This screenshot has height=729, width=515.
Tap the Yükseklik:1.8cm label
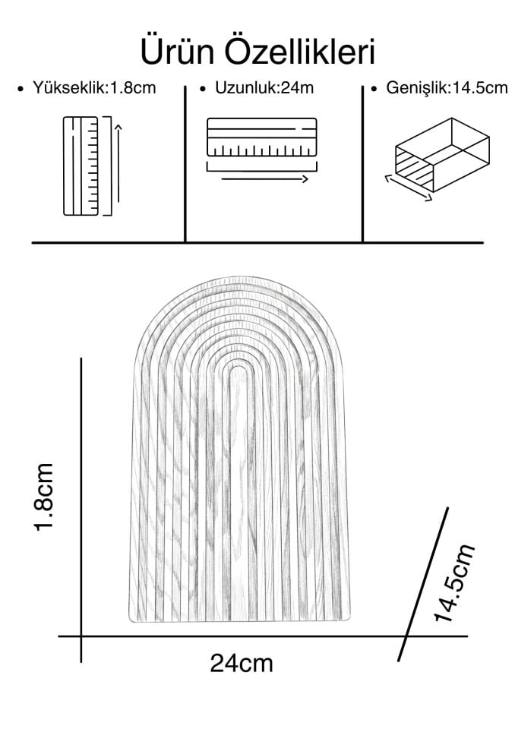coord(94,87)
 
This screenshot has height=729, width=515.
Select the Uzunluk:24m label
coord(264,87)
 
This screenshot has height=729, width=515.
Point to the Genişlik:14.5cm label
coord(447,88)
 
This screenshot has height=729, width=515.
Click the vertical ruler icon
coord(81,166)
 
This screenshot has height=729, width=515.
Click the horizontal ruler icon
coord(262,137)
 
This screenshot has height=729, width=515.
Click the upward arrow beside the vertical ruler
coord(118,163)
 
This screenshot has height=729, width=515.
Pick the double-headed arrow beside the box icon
coord(409,188)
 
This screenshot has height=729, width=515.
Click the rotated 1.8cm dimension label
coord(44,497)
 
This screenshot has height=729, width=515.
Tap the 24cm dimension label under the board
coord(242,663)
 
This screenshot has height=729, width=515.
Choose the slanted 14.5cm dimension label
coord(454,582)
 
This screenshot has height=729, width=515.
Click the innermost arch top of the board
coord(239,366)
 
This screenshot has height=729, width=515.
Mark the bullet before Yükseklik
coord(20,89)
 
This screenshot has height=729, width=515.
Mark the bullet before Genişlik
coord(374,89)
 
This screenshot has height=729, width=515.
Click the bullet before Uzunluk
coord(202,89)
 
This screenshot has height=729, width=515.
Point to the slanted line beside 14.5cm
coord(423,584)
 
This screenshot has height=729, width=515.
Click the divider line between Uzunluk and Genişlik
coord(362,164)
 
